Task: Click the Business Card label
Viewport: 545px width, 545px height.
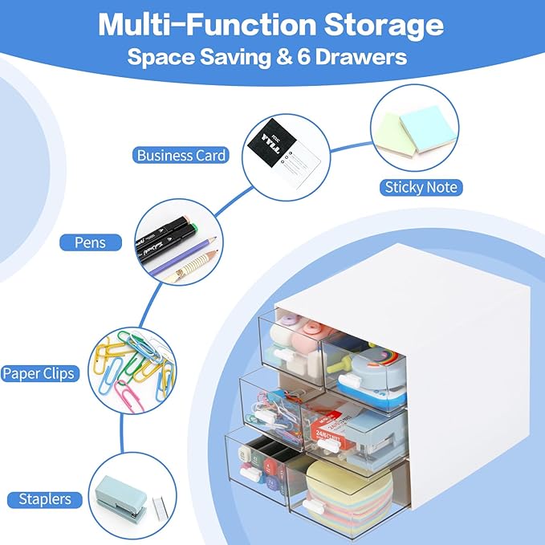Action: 181,155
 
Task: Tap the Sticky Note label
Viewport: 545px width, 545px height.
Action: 420,187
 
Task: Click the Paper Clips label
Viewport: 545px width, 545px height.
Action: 38,373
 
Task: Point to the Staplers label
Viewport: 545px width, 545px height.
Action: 46,499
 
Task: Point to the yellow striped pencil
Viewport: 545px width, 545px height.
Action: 193,264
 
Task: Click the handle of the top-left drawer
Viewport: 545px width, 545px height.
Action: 283,354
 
